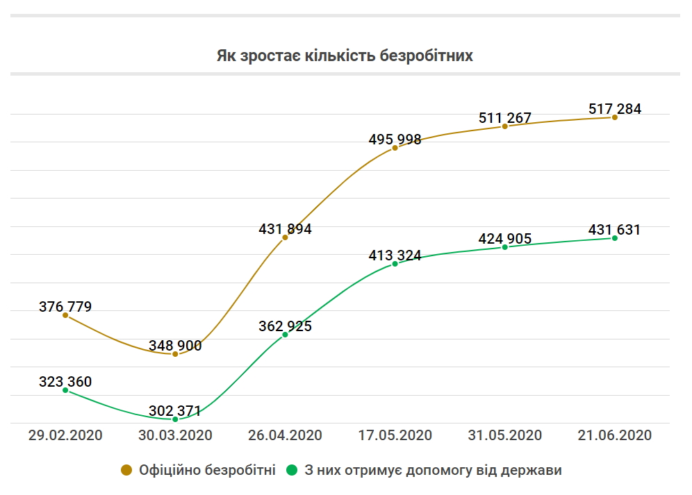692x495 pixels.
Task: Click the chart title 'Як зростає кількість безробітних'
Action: pos(345,56)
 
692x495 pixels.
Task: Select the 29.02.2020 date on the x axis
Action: pos(65,435)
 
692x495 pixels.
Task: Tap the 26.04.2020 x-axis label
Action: pos(285,435)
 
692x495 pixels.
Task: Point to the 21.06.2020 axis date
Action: pos(615,435)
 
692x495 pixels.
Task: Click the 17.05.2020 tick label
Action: pos(395,435)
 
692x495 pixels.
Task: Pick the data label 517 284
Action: pos(615,108)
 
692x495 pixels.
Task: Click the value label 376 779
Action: pos(65,306)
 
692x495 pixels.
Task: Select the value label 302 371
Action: pos(175,411)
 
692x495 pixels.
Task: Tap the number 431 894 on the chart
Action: pos(285,228)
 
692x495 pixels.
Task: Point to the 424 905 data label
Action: pos(505,239)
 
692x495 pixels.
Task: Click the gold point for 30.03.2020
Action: pos(175,354)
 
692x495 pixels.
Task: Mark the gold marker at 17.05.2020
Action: pos(395,148)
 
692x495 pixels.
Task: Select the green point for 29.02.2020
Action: pos(65,390)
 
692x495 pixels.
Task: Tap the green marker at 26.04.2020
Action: pos(285,335)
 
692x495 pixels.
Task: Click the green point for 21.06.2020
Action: pos(615,238)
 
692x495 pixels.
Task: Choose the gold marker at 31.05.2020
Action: pos(505,126)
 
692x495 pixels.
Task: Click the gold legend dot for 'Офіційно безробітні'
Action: pos(126,470)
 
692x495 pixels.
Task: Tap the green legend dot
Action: pos(292,470)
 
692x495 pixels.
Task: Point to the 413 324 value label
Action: pos(395,255)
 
